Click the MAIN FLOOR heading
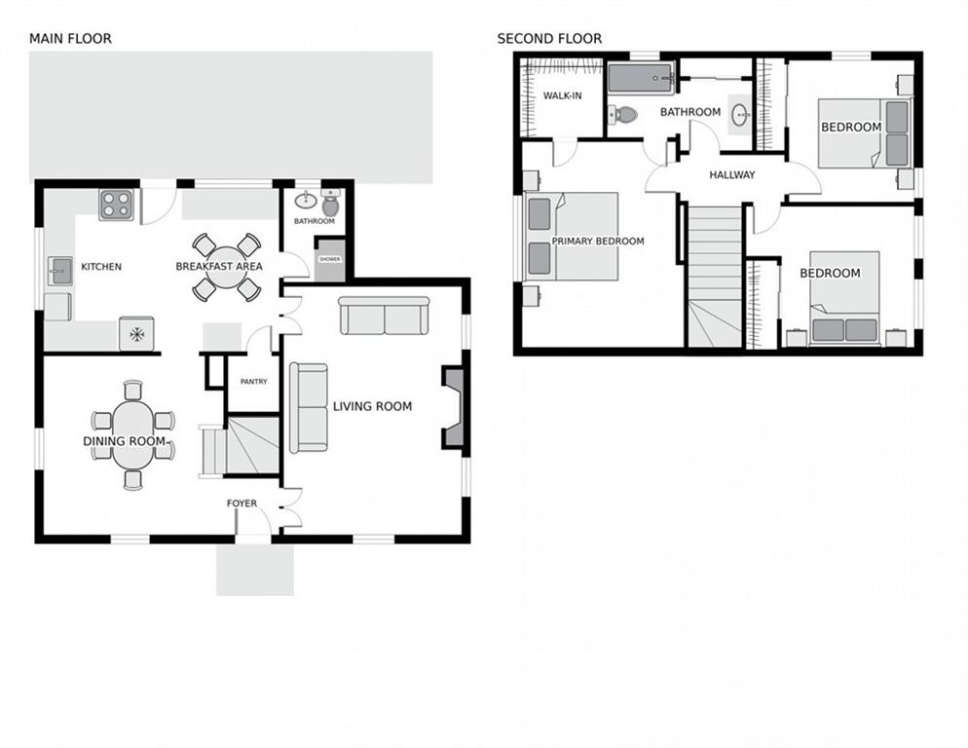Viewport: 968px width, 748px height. point(70,39)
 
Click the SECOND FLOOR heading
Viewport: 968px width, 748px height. point(549,39)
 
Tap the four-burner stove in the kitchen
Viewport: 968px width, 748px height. point(116,205)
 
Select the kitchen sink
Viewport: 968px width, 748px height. point(59,271)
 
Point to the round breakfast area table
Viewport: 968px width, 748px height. point(227,267)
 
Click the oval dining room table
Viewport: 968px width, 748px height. point(132,434)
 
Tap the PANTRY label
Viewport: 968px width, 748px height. point(254,382)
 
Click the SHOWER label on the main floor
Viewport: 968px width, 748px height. point(330,259)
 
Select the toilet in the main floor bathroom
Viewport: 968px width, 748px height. point(331,203)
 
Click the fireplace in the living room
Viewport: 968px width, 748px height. point(453,407)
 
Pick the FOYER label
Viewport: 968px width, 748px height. point(242,504)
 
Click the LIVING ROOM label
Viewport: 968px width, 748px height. point(372,406)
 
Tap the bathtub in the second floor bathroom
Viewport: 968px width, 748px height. point(641,79)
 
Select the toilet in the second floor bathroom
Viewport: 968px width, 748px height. point(623,114)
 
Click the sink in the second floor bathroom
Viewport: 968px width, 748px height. point(739,114)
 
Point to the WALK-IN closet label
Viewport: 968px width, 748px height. point(563,95)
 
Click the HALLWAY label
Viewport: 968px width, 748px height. point(732,174)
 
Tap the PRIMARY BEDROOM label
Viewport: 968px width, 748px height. point(598,241)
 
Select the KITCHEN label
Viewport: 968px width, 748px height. point(101,267)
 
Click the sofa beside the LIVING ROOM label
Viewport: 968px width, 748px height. point(309,408)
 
